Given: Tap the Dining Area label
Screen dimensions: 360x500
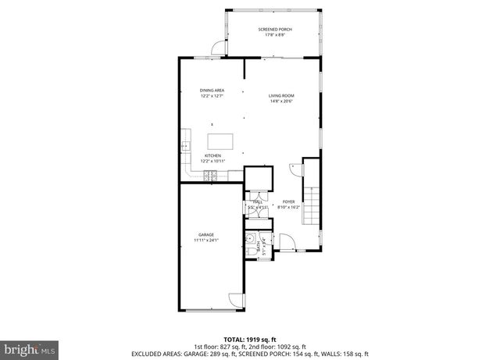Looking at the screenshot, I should [x=212, y=91].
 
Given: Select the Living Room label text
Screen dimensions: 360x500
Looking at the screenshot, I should [x=282, y=95].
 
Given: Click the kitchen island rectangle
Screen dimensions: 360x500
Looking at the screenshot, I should [x=220, y=141].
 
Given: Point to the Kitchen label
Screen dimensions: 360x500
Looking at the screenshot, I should [x=212, y=155].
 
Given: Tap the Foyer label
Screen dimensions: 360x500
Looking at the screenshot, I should [x=289, y=201].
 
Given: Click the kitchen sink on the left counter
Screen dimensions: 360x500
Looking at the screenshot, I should [x=185, y=145].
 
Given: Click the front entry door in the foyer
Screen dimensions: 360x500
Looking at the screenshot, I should [x=287, y=244].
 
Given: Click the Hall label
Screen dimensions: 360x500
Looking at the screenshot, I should [x=256, y=202].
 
